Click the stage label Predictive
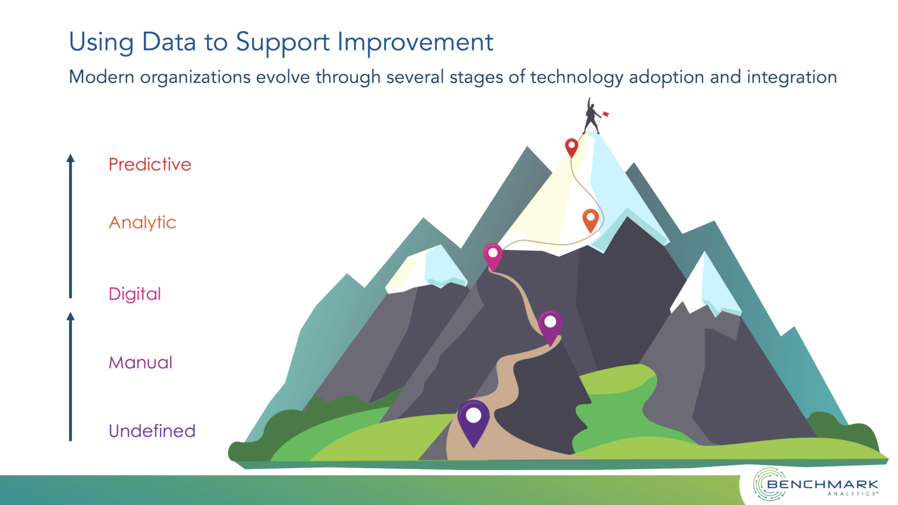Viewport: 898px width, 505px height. click(150, 164)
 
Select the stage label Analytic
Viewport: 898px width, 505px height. click(142, 223)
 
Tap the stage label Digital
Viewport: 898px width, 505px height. click(134, 294)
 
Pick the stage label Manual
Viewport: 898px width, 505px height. click(140, 362)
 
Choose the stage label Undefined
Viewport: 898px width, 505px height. click(152, 431)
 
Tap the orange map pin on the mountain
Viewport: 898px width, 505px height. click(590, 220)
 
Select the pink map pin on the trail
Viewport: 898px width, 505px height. click(493, 257)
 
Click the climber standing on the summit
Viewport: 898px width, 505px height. click(591, 116)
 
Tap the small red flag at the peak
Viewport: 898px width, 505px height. click(606, 114)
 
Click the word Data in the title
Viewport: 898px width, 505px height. click(169, 41)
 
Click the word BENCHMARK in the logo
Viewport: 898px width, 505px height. click(822, 484)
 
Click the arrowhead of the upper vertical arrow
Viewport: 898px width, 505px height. click(71, 158)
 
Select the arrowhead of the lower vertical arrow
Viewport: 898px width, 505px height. click(71, 317)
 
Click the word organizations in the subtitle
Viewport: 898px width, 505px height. click(195, 77)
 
